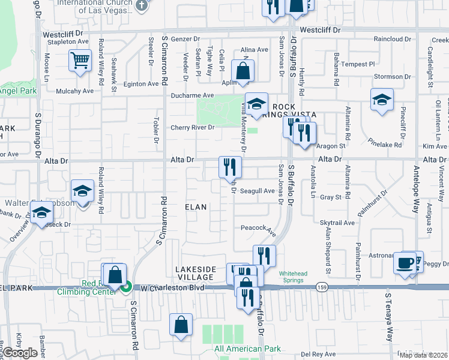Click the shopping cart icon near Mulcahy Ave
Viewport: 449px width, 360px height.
[x=80, y=61]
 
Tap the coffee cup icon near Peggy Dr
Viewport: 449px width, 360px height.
[x=405, y=263]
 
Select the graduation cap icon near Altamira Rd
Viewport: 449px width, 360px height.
[x=382, y=100]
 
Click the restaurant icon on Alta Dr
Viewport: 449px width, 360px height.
[x=229, y=167]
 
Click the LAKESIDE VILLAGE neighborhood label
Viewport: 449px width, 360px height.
[x=195, y=273]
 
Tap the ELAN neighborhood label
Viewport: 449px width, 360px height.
[x=195, y=207]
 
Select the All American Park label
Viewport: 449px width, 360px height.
[x=247, y=349]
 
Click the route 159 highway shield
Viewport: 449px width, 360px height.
[x=323, y=289]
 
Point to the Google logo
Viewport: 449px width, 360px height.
[x=20, y=353]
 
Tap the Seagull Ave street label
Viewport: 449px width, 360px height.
[x=258, y=191]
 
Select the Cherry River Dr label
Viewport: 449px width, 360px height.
[x=192, y=128]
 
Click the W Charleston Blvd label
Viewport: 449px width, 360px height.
[x=173, y=288]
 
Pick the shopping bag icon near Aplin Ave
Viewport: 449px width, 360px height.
[x=243, y=72]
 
